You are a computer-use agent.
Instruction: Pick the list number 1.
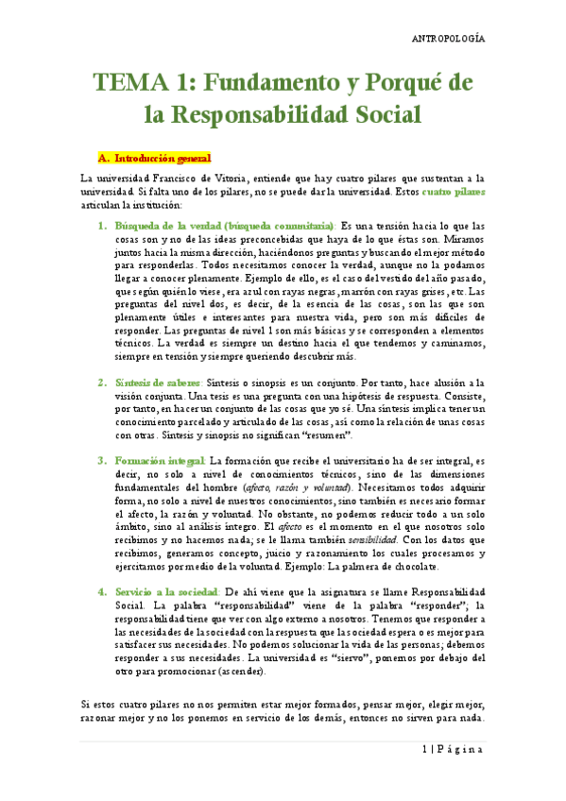click(102, 227)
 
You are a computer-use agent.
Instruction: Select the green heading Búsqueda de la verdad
click(168, 227)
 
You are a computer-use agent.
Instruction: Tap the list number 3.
click(102, 460)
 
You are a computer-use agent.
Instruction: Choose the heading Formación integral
click(161, 460)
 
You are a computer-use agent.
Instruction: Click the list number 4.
click(102, 591)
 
